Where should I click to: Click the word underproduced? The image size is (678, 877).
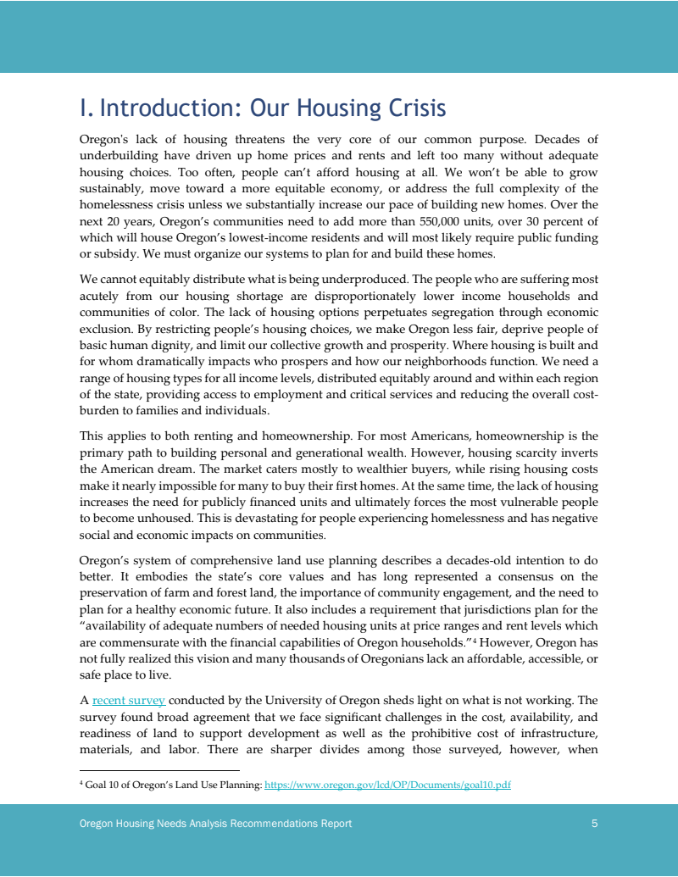pyautogui.click(x=371, y=279)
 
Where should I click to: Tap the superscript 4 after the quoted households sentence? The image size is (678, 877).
pyautogui.click(x=474, y=639)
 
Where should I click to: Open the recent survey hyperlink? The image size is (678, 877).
pyautogui.click(x=129, y=701)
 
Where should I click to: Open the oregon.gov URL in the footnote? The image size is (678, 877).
pyautogui.click(x=387, y=785)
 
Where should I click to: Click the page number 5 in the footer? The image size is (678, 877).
pyautogui.click(x=595, y=824)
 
